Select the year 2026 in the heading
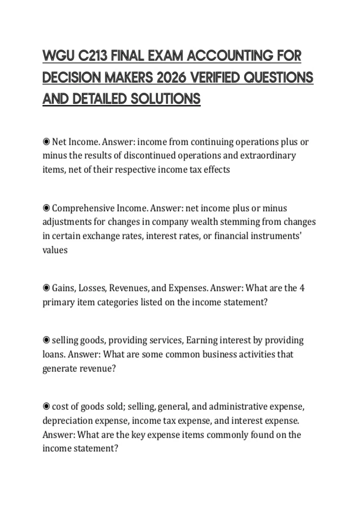click(x=169, y=78)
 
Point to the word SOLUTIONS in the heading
click(x=165, y=99)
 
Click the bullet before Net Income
click(x=46, y=142)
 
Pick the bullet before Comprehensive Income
click(x=46, y=208)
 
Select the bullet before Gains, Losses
click(x=46, y=288)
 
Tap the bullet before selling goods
click(x=46, y=340)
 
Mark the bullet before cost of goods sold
click(x=46, y=406)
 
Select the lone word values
click(x=55, y=250)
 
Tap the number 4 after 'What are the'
click(x=302, y=288)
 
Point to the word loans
click(x=53, y=354)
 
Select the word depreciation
click(x=67, y=421)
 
